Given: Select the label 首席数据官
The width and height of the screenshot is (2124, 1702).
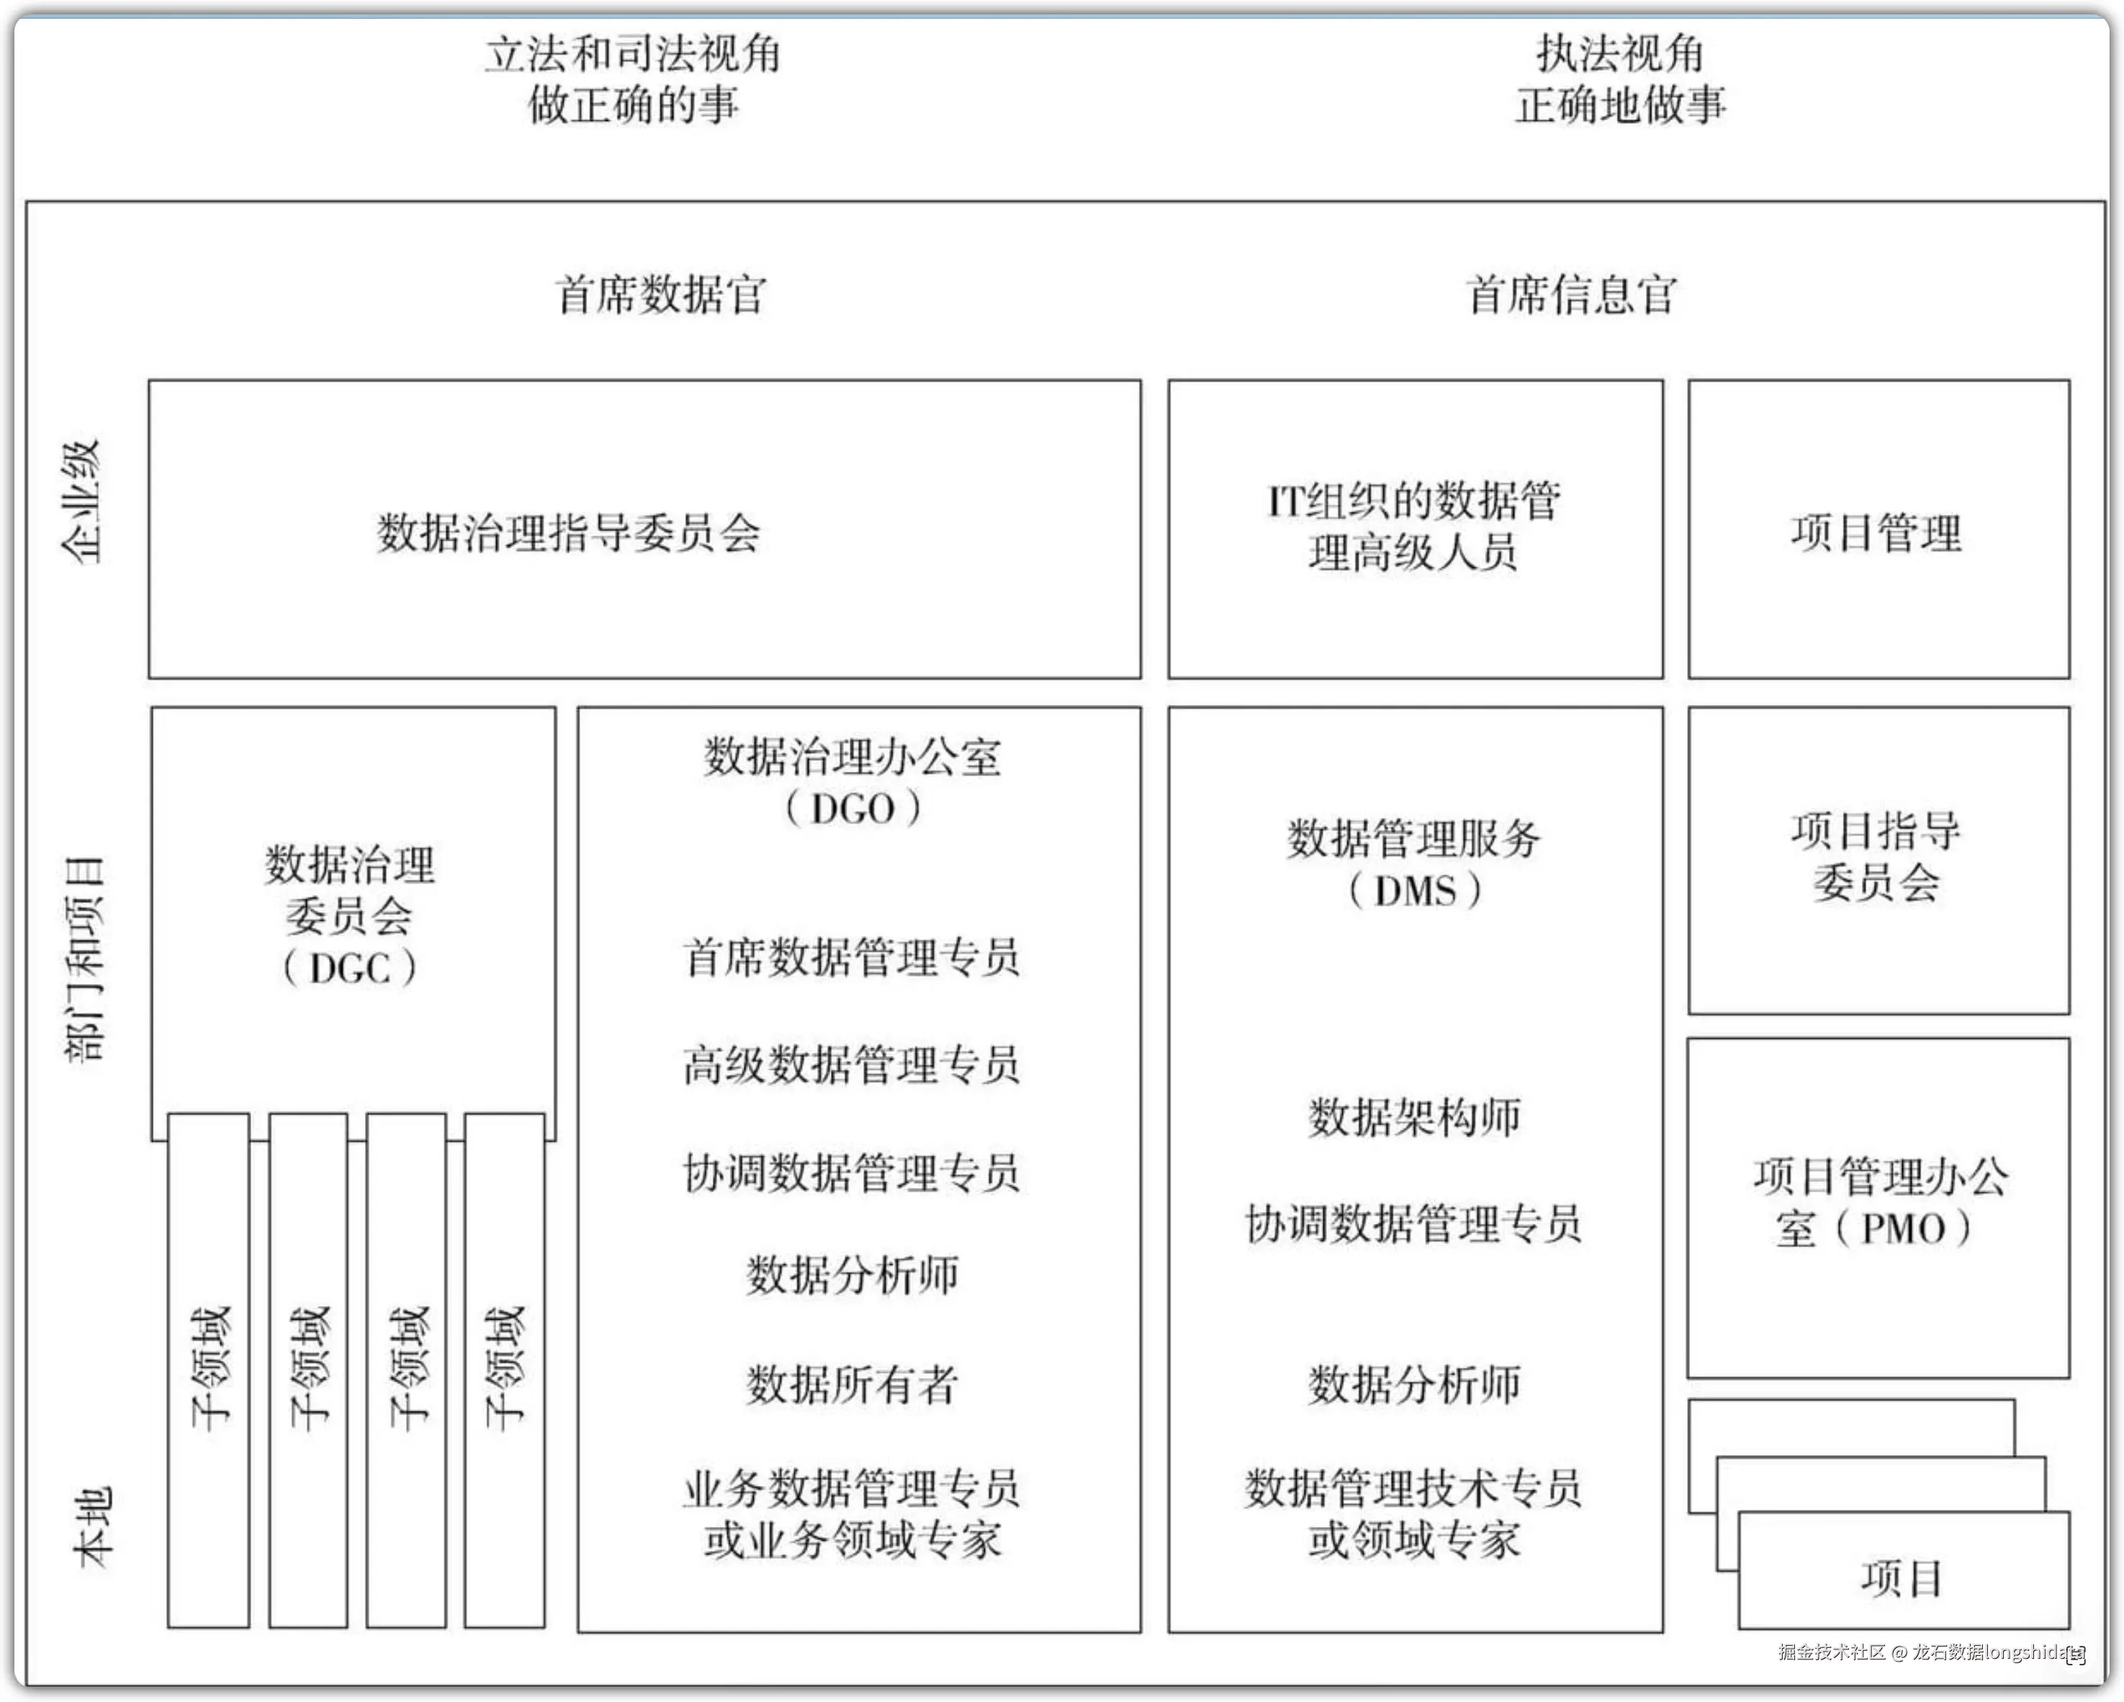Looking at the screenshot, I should pyautogui.click(x=660, y=294).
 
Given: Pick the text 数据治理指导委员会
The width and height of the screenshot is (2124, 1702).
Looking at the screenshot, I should pyautogui.click(x=568, y=533).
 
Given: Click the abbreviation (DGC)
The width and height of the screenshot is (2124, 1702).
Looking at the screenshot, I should pyautogui.click(x=350, y=968).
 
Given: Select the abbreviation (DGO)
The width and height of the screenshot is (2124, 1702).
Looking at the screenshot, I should pyautogui.click(x=853, y=809).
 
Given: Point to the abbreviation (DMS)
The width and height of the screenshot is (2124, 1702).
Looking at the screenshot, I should pyautogui.click(x=1415, y=891).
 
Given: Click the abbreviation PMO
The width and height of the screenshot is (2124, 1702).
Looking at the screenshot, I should pyautogui.click(x=1904, y=1228).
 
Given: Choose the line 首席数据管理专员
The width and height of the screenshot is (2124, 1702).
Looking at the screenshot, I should pyautogui.click(x=851, y=958).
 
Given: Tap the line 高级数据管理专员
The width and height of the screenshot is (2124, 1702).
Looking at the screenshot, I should pyautogui.click(x=851, y=1065).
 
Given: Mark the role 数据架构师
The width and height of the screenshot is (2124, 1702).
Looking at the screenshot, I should pyautogui.click(x=1415, y=1117).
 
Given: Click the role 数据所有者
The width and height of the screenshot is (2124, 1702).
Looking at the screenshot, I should pyautogui.click(x=851, y=1384).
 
